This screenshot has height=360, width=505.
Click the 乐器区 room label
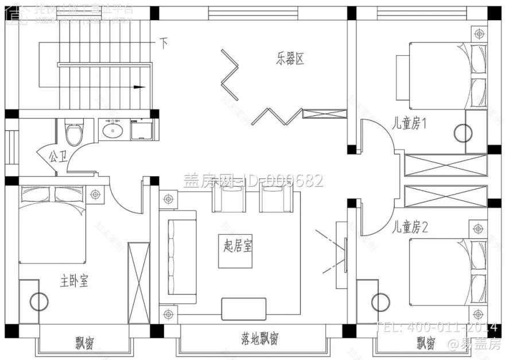[290, 59]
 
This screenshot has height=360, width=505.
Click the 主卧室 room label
[74, 281]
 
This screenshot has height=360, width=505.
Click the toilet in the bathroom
[73, 134]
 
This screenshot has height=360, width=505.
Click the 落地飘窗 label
[259, 339]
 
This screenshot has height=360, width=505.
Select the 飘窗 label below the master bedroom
[84, 343]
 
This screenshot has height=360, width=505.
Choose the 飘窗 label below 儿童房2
[425, 343]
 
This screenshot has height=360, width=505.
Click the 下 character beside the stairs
[164, 43]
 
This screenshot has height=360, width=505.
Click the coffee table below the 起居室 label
[244, 308]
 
